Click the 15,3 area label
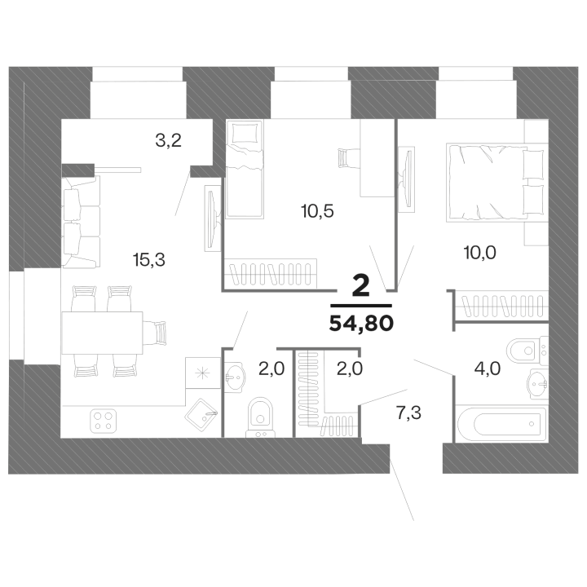coord(149,259)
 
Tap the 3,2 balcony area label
coord(169,140)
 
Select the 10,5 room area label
coord(317,211)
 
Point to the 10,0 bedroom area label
coord(480,253)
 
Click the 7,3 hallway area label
coord(408,413)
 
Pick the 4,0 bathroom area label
coord(488,369)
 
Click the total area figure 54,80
coord(361,323)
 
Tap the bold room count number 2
coord(361,286)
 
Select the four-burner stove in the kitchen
coord(104,421)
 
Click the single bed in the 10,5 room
coord(245,169)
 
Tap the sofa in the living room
coord(82,222)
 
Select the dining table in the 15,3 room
coord(102,333)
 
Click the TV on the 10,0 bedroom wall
coord(406,179)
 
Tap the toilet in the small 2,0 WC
coord(261,417)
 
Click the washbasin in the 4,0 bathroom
coord(537,384)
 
